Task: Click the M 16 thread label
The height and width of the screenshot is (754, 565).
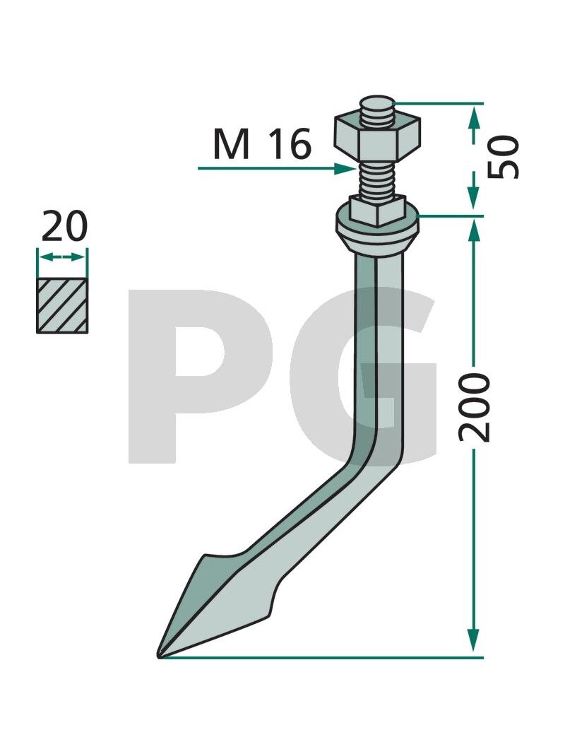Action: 262,144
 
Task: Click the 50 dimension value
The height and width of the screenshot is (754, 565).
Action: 504,157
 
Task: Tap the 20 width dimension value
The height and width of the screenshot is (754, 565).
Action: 64,227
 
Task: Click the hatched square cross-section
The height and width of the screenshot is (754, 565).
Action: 62,305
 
